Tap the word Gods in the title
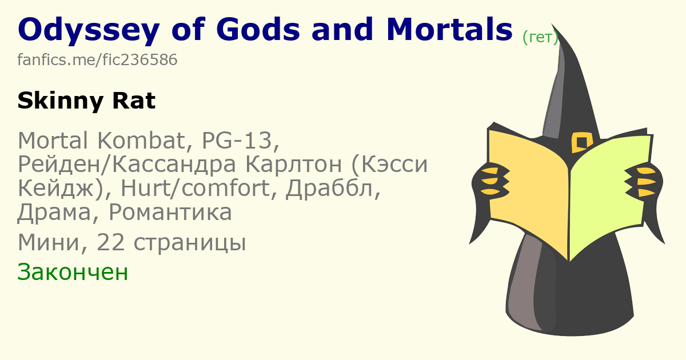[x=258, y=29]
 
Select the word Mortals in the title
[x=449, y=29]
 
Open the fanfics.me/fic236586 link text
[x=97, y=59]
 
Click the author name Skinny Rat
[x=87, y=101]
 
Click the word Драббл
[x=333, y=187]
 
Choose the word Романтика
[x=170, y=212]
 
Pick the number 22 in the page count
[x=110, y=242]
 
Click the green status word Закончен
[x=73, y=272]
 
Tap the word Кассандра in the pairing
[x=174, y=165]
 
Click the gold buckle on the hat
[x=582, y=142]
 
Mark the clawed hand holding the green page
[x=643, y=181]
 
